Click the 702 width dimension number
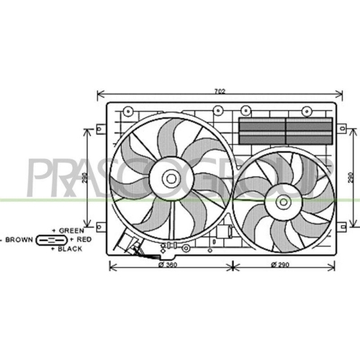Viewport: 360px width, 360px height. click(220, 91)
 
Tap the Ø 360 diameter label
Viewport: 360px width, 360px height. click(168, 265)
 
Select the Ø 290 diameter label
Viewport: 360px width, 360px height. click(280, 265)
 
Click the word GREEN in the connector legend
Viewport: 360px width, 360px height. click(71, 230)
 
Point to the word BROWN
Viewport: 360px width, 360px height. click(19, 240)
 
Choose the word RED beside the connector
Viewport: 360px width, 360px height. click(84, 239)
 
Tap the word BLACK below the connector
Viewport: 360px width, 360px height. click(70, 249)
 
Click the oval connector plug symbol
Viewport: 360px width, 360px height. click(51, 240)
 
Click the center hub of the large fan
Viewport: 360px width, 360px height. click(171, 179)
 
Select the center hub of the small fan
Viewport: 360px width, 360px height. click(284, 202)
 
